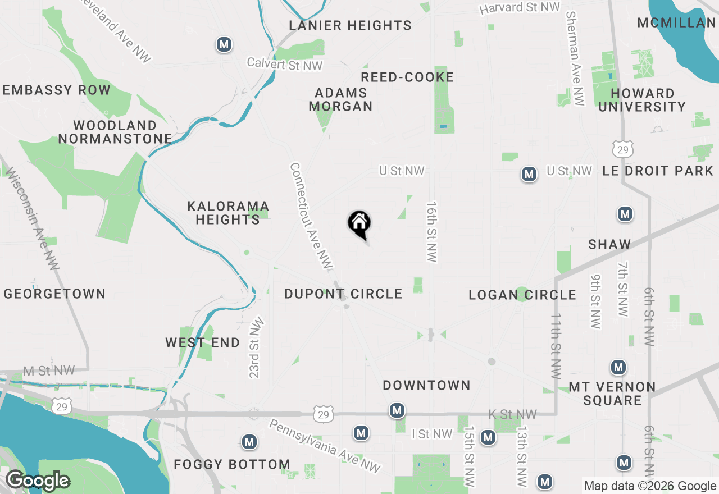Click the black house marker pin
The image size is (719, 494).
click(x=359, y=225)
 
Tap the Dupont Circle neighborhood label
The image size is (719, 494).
click(x=343, y=294)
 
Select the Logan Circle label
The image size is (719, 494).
click(x=522, y=295)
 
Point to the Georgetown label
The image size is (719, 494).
click(x=54, y=294)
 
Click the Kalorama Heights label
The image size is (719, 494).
click(x=228, y=213)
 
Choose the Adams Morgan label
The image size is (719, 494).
click(x=340, y=99)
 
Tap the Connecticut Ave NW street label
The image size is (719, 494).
click(x=311, y=216)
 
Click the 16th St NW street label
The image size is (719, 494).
click(x=431, y=232)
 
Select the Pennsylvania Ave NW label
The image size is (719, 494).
click(x=324, y=446)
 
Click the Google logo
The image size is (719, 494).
click(x=38, y=481)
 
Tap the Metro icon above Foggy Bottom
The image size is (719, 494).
click(x=249, y=442)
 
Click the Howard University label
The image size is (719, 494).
click(x=642, y=100)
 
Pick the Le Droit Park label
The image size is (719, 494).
click(x=658, y=171)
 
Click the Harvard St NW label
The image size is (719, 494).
click(x=520, y=8)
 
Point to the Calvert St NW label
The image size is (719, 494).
click(x=285, y=65)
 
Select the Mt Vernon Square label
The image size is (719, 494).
click(x=612, y=394)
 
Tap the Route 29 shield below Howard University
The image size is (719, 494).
click(x=622, y=149)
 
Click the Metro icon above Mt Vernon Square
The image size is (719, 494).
click(x=618, y=368)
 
